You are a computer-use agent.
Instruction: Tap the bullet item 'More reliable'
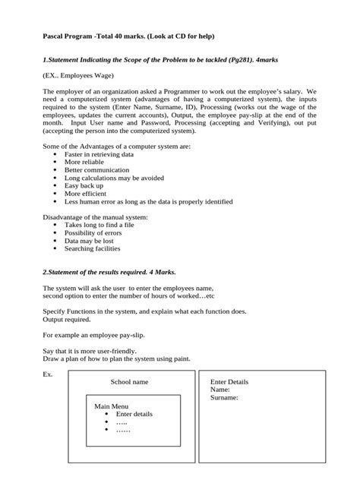pos(84,162)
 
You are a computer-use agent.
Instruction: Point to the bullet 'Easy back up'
pos(83,186)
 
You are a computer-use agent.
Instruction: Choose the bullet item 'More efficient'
pos(85,194)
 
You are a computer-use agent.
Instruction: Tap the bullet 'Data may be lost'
pos(88,242)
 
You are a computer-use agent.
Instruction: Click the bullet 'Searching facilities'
pos(92,249)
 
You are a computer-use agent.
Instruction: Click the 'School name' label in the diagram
pos(129,382)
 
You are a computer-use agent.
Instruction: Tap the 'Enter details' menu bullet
pos(134,414)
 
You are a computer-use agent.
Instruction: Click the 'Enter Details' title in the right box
pos(229,382)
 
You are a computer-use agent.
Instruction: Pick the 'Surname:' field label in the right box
pos(225,397)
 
